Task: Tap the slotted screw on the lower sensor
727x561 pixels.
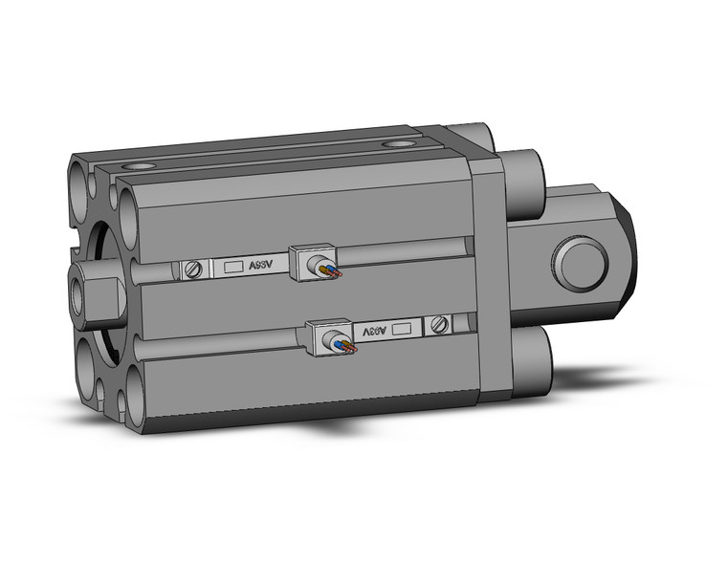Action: tap(440, 325)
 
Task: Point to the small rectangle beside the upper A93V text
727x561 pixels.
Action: tap(231, 269)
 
